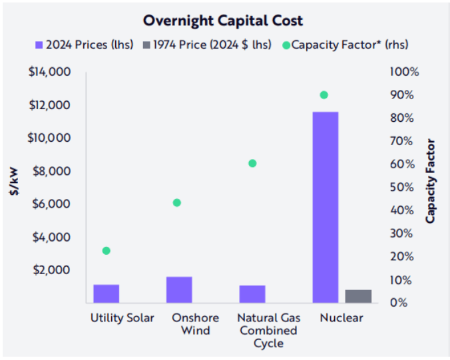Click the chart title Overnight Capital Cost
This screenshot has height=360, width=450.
[225, 21]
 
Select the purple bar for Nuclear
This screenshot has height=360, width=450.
[325, 207]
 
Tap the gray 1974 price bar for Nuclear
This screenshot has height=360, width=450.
[359, 296]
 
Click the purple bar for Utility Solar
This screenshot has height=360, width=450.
[107, 293]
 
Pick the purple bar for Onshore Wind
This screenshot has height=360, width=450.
[179, 289]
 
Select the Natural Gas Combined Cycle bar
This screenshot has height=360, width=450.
[252, 293]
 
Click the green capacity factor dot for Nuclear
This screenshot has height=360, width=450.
[324, 95]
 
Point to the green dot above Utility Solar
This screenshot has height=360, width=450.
[107, 251]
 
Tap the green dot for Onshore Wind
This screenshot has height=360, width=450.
[177, 203]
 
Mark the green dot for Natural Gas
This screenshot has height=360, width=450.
[252, 163]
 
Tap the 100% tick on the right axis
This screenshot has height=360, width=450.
[405, 72]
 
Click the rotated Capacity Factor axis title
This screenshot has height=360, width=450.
[431, 180]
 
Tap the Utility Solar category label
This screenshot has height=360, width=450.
[122, 318]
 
